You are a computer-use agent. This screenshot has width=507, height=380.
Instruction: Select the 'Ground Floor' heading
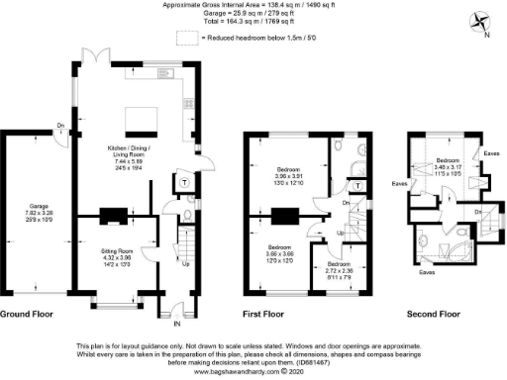28,315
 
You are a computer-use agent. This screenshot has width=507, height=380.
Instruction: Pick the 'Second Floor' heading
435,315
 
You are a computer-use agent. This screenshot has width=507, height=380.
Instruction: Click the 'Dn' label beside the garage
59,126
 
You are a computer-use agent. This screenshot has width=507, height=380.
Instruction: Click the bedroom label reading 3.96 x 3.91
288,175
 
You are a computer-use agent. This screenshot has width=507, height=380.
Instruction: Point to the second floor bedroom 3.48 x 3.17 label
448,164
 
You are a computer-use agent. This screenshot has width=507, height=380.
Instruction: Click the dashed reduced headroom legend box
185,38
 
